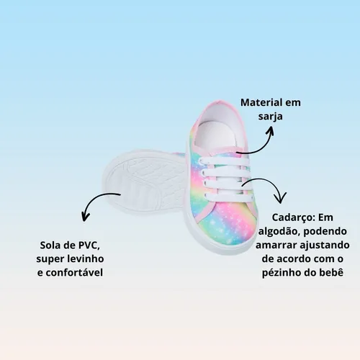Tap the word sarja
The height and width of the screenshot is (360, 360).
270,117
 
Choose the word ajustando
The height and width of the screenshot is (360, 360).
325,246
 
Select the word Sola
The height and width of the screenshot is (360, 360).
49,246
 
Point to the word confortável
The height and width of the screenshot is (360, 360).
74,273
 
